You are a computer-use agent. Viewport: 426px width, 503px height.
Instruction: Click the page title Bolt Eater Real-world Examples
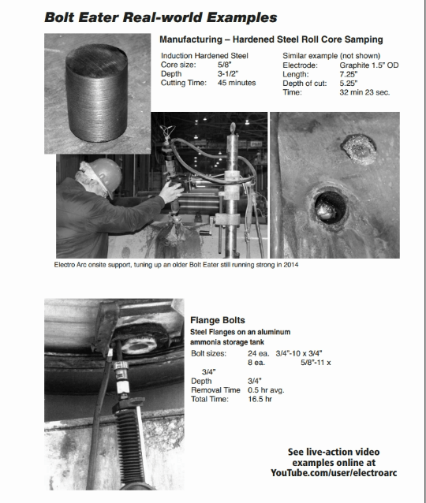160,17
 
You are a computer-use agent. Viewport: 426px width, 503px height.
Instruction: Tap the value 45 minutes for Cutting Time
237,83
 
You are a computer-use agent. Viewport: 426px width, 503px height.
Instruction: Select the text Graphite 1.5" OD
369,65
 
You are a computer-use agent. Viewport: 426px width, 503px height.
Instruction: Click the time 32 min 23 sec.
364,92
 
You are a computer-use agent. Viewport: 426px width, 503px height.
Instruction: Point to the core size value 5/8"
224,65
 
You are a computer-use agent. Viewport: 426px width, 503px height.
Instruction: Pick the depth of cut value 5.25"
349,84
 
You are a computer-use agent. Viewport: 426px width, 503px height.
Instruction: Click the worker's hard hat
106,175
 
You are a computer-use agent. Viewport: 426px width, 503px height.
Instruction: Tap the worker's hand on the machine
170,192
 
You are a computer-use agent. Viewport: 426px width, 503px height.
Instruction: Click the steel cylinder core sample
96,93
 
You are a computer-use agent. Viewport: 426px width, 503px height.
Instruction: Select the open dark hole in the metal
330,207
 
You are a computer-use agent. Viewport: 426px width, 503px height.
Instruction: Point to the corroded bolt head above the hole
359,149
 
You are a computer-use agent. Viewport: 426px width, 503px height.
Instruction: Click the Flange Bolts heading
218,320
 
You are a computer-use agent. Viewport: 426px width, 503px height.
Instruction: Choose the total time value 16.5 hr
260,399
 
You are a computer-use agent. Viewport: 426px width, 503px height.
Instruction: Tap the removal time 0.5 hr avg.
266,390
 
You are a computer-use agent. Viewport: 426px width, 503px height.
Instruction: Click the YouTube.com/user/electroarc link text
334,473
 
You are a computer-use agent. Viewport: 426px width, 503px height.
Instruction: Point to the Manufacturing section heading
271,39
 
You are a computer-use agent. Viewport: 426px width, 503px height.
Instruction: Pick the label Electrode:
300,65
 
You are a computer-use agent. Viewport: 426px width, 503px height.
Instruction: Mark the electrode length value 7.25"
349,74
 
